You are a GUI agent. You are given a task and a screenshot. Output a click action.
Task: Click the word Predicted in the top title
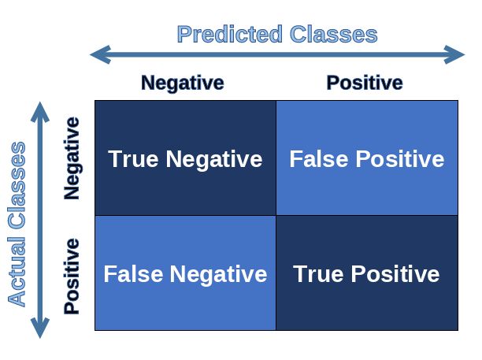pos(229,35)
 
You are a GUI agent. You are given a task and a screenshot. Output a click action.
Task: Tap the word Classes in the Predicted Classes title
pos(333,35)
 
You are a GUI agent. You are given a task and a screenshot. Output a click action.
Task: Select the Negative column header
pos(182,83)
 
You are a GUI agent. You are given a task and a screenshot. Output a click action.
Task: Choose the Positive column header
pos(364,83)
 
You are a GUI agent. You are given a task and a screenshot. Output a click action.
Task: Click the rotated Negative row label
pos(72,158)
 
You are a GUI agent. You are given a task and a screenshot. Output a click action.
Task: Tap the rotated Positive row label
pos(72,275)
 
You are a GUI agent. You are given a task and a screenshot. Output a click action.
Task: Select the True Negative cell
pos(185,158)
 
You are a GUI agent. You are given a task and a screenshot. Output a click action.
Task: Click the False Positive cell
pos(366,158)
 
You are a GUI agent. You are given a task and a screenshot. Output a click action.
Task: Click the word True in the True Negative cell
pos(134,159)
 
